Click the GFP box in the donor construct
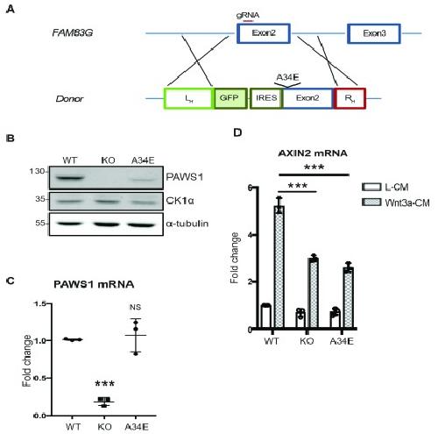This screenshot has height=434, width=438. tap(230, 98)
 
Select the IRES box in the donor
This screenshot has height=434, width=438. tap(266, 98)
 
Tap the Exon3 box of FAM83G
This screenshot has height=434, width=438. tap(374, 33)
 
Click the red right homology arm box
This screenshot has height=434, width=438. tap(350, 98)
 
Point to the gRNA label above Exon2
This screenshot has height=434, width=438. tap(248, 15)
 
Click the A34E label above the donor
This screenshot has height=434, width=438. tap(287, 77)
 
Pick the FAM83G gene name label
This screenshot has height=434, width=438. tap(73, 32)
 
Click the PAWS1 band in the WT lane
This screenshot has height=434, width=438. tap(69, 177)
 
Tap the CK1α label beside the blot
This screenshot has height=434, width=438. tap(180, 201)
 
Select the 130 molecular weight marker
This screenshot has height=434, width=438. tap(37, 171)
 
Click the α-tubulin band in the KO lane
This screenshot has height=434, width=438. tap(106, 224)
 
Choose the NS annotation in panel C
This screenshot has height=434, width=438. tap(135, 307)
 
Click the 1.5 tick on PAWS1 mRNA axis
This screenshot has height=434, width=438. tap(40, 304)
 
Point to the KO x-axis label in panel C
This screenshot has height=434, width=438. tap(104, 427)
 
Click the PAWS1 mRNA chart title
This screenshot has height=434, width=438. tap(94, 284)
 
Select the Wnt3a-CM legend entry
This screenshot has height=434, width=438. tap(396, 203)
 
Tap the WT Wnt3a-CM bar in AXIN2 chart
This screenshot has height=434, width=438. tap(279, 267)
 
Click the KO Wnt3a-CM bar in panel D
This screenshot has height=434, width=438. tap(314, 294)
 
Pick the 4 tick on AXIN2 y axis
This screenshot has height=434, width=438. tap(250, 235)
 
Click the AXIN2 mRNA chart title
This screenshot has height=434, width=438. tap(313, 153)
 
